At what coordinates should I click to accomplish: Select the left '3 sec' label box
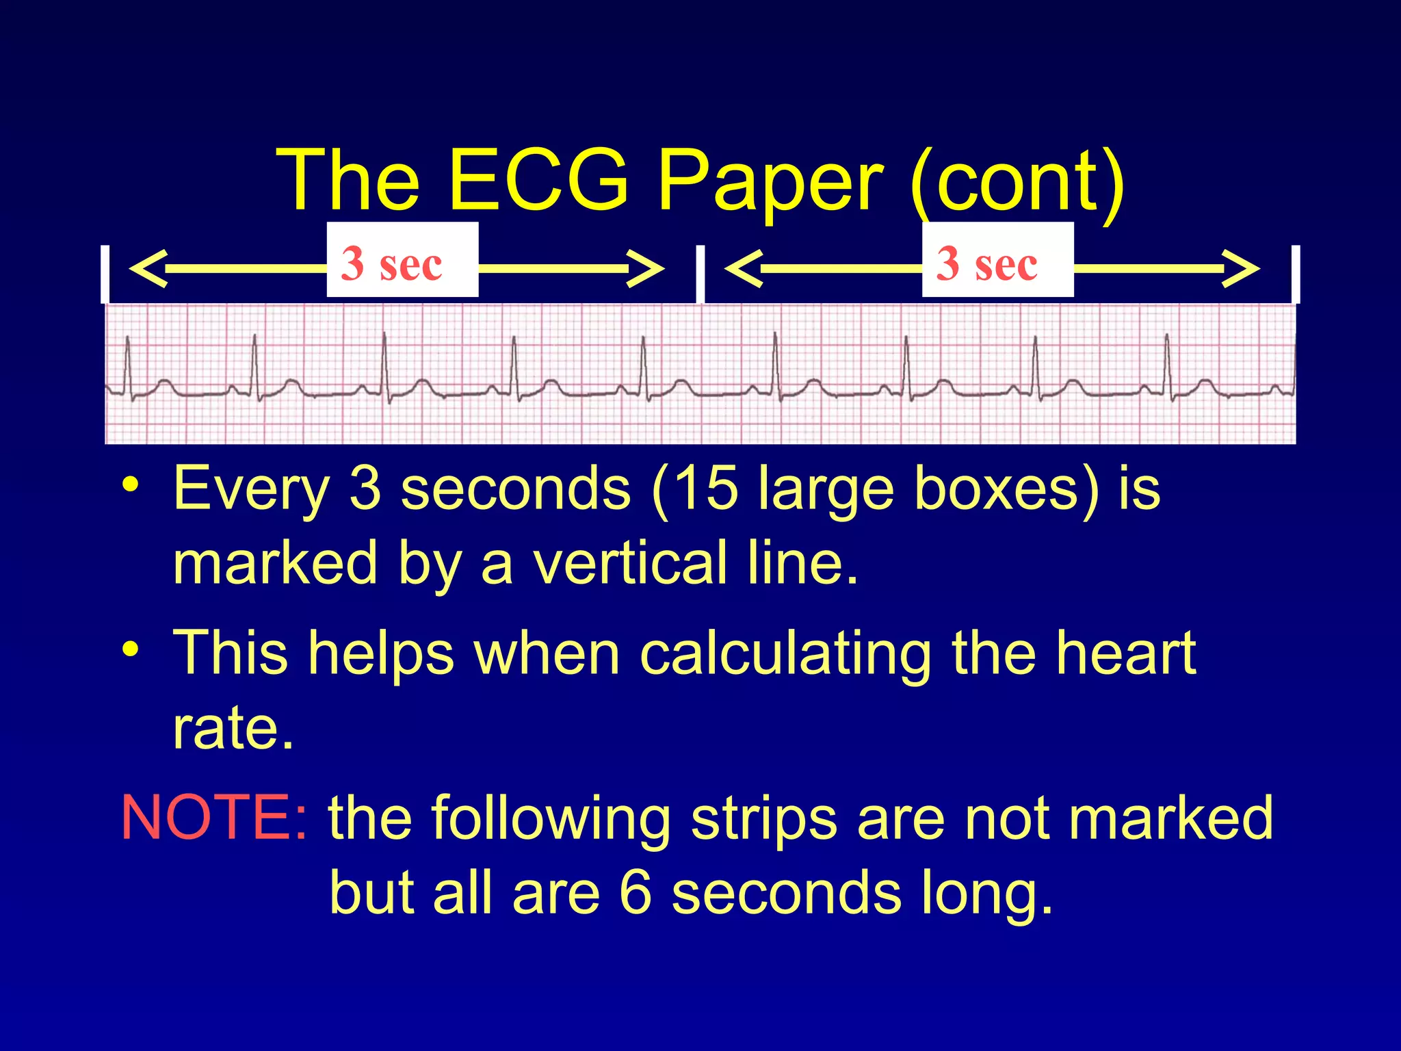(x=402, y=260)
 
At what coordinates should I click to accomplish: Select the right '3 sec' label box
(x=997, y=260)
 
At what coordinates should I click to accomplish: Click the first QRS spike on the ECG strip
(x=127, y=363)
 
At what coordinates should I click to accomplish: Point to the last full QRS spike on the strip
(x=1167, y=363)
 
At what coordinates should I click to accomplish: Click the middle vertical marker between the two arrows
(x=700, y=274)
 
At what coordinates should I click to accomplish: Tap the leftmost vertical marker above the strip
(x=104, y=274)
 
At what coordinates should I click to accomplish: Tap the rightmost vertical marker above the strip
(x=1295, y=274)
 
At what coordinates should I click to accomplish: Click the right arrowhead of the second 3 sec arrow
(x=1241, y=268)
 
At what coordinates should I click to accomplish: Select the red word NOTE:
(x=214, y=818)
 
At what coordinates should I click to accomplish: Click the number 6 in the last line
(x=635, y=893)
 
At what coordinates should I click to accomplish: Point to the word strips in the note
(x=764, y=819)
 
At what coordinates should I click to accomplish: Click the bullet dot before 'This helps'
(x=130, y=647)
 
